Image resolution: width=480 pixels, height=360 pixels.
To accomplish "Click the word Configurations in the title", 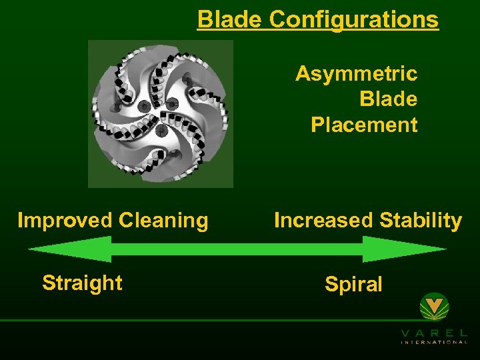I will pos(354,19).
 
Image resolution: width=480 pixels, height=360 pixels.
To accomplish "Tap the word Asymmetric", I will pos(356,73).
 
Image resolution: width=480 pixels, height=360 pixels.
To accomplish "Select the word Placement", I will pos(364,125).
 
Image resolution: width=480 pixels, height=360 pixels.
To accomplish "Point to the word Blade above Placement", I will pos(388,99).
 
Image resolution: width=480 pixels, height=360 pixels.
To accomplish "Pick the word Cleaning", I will pos(162,220).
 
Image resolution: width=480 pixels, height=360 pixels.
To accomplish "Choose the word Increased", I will pos(318,220).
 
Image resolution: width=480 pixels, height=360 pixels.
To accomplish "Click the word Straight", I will pos(82,283).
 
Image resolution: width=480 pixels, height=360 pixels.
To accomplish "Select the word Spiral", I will pos(353,285).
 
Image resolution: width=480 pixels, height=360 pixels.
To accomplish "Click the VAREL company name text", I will pos(434,333).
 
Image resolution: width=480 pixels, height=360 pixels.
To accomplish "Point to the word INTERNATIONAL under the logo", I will pos(434,342).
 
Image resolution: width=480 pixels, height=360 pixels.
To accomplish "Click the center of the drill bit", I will pos(161,114).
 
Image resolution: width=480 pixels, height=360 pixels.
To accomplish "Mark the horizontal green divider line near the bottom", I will pos(200,321).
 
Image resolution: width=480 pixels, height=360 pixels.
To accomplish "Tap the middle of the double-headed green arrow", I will pos(237,249).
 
